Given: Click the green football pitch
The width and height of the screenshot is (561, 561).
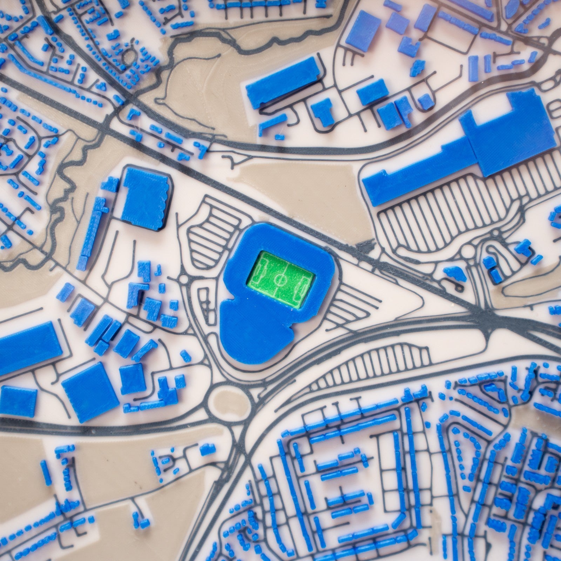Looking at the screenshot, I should pos(280,279).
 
